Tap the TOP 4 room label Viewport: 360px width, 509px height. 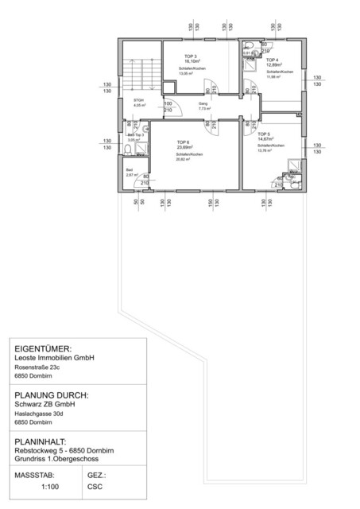(x=272, y=60)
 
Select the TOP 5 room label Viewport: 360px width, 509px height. (x=264, y=134)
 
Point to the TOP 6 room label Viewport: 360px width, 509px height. (x=184, y=141)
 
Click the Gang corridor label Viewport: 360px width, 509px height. (x=192, y=103)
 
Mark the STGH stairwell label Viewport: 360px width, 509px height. (x=138, y=99)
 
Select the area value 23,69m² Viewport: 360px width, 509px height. (x=184, y=147)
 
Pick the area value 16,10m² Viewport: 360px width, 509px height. (x=191, y=62)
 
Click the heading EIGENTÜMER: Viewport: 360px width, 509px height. (x=44, y=348)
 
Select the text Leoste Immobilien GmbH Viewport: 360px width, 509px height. (x=55, y=358)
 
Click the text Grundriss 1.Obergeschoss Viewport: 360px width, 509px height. (x=60, y=458)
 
